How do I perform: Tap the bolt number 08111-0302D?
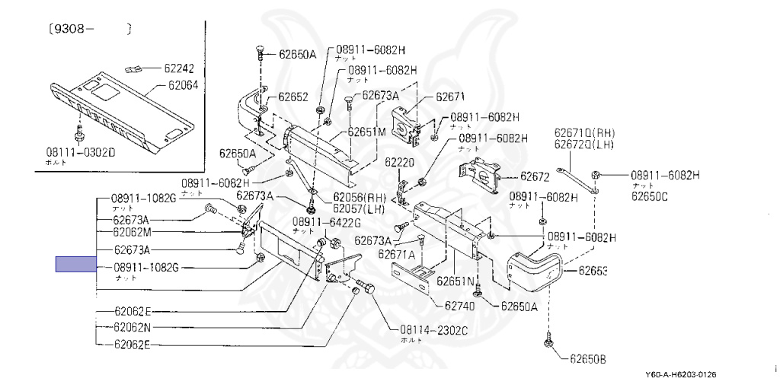pos(80,151)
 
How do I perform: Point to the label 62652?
pos(293,97)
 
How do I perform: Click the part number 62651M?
pos(366,131)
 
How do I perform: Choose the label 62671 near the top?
pos(449,97)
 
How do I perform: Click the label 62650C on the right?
pos(649,197)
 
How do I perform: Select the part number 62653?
pos(593,270)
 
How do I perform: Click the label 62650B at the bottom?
pos(590,357)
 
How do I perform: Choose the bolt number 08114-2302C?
pos(431,330)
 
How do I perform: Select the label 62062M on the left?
pos(133,232)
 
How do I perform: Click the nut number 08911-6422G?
pos(325,222)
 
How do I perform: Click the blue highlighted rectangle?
pos(76,265)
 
